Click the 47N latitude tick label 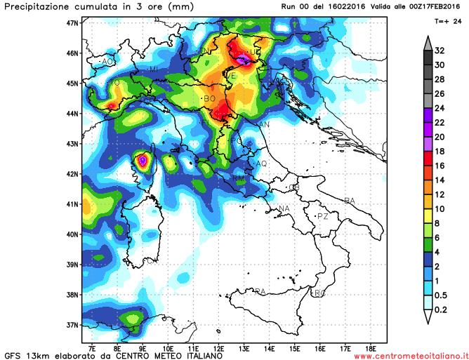pyautogui.click(x=70, y=22)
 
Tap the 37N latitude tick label pyautogui.click(x=70, y=325)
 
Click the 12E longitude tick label pyautogui.click(x=219, y=346)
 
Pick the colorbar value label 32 pyautogui.click(x=440, y=51)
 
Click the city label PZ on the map pyautogui.click(x=323, y=217)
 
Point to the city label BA pyautogui.click(x=350, y=201)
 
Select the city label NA pyautogui.click(x=284, y=209)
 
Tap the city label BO pyautogui.click(x=209, y=99)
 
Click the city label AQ pyautogui.click(x=262, y=163)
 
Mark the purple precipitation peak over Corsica pyautogui.click(x=143, y=160)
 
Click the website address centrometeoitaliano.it pyautogui.click(x=409, y=356)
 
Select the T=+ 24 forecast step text pyautogui.click(x=447, y=21)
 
